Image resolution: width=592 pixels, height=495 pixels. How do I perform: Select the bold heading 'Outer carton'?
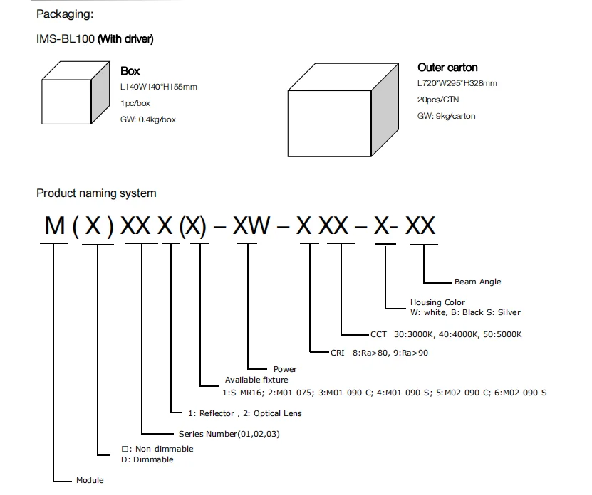click(447, 68)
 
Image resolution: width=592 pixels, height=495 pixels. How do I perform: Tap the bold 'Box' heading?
click(130, 71)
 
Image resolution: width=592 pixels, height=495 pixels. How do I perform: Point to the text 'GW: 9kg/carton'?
click(446, 116)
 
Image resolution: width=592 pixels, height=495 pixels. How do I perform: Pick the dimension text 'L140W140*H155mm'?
click(158, 87)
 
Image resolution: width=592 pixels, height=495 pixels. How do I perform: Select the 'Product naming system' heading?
click(96, 193)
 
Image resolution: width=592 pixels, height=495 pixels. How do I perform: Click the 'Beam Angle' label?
click(477, 282)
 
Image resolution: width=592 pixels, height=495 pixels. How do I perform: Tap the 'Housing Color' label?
click(437, 302)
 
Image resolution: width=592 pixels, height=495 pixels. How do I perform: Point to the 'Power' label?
click(285, 369)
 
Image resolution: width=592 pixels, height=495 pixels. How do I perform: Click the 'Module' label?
click(90, 480)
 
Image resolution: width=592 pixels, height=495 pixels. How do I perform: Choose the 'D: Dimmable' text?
click(147, 459)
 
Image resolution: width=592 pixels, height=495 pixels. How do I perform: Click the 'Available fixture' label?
click(256, 380)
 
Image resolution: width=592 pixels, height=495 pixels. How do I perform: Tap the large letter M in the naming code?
click(54, 226)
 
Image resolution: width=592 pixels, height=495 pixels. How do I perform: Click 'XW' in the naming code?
click(251, 226)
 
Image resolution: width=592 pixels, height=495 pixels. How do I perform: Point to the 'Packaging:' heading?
click(65, 14)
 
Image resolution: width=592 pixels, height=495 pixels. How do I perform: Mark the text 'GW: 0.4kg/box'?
click(148, 119)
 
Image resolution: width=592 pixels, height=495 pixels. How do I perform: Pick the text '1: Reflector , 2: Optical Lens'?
click(245, 413)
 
